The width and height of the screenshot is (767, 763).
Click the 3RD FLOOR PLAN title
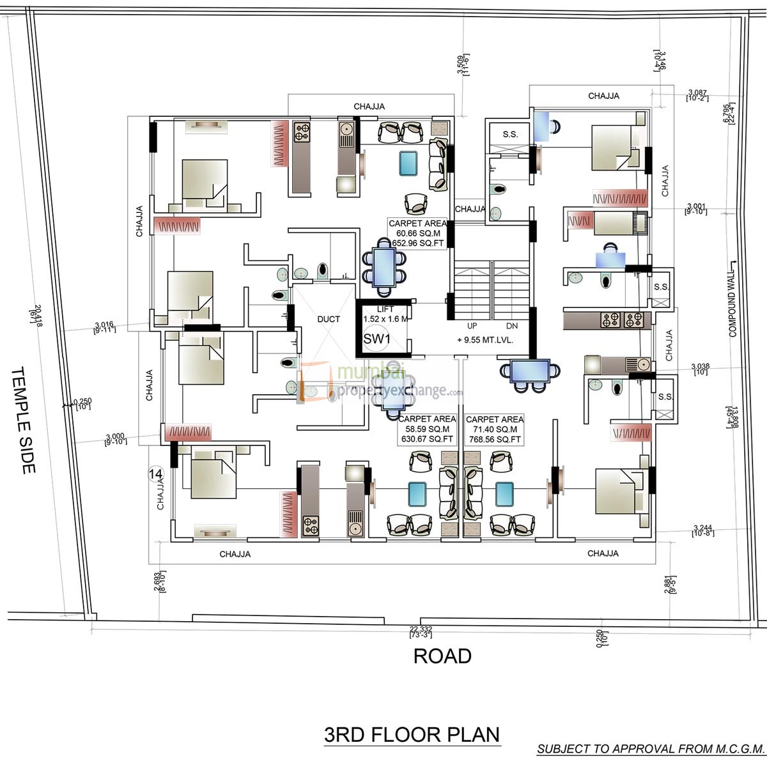tap(412, 734)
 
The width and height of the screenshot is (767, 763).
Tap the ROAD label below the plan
tap(442, 656)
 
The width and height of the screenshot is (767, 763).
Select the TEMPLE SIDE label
tap(22, 420)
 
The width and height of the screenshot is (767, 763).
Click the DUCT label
tap(329, 319)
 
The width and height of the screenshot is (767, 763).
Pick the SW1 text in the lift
tap(376, 339)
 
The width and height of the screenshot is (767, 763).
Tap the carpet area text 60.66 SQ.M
tap(417, 233)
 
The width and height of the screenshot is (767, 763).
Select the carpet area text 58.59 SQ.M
tap(427, 429)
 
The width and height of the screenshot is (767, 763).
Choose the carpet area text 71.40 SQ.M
tap(495, 429)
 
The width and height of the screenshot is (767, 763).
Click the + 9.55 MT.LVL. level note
tap(485, 341)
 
